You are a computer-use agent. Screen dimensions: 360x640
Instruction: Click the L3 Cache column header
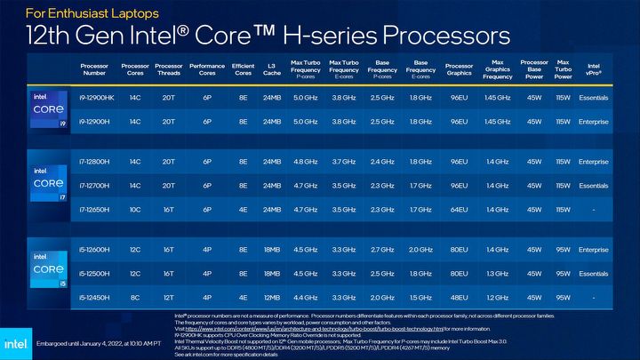(272, 69)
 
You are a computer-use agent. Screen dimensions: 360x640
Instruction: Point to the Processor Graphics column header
(459, 69)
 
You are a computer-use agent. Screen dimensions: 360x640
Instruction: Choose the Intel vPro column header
(593, 69)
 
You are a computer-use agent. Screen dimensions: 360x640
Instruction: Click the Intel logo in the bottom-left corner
(15, 342)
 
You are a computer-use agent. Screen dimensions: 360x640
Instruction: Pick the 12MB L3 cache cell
(272, 295)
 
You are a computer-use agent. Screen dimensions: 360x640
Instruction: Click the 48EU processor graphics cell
(459, 295)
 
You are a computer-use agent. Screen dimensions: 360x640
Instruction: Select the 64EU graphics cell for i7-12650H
(459, 208)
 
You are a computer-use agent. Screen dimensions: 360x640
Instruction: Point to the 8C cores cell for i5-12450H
(135, 295)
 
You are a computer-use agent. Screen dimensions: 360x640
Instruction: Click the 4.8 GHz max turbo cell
(305, 162)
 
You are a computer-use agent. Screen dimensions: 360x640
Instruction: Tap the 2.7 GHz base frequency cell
(382, 250)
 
